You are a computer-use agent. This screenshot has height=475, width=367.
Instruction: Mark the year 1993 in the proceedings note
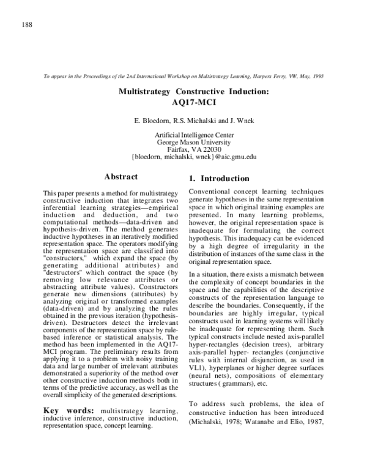tap(317, 77)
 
